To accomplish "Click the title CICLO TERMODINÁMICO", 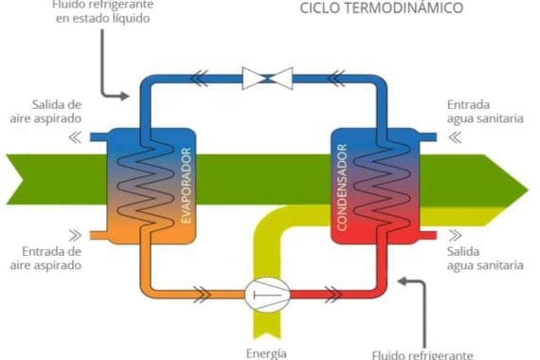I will (382, 9).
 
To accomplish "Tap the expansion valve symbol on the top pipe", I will (267, 78).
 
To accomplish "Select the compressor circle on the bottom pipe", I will (266, 296).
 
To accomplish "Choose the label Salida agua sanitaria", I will (484, 259).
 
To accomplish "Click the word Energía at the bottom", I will (266, 353).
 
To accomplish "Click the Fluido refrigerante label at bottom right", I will (422, 353).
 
